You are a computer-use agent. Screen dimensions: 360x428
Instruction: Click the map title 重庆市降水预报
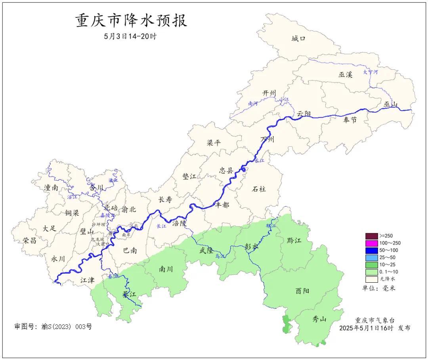(x=131, y=21)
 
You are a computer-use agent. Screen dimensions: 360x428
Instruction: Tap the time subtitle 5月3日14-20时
(x=130, y=36)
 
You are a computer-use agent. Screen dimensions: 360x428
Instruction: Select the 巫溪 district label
(x=345, y=74)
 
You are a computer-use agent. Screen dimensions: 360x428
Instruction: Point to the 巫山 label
(x=390, y=104)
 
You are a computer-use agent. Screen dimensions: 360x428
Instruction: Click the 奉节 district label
(x=349, y=119)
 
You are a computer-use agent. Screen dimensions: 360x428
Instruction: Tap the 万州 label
(x=267, y=139)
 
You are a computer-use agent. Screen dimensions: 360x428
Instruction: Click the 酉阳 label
(x=302, y=291)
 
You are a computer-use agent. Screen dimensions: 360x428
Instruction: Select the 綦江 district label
(x=129, y=295)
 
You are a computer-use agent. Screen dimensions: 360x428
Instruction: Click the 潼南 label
(x=51, y=188)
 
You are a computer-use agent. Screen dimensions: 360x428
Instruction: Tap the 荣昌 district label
(x=29, y=240)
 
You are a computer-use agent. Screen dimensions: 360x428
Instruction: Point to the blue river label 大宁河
(x=371, y=72)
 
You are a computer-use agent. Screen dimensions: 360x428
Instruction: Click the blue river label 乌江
(x=220, y=257)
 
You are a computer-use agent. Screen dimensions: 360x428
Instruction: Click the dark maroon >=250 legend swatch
(x=371, y=236)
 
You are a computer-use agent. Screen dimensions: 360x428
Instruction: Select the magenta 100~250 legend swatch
(x=371, y=243)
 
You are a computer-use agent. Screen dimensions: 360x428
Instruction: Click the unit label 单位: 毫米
(x=379, y=288)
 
